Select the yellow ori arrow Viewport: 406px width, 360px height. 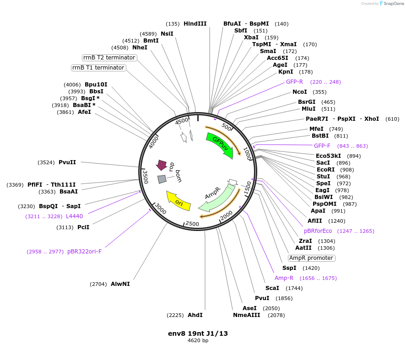tap(178, 200)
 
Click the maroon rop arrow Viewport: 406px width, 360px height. tap(161, 165)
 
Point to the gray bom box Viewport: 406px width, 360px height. tap(162, 179)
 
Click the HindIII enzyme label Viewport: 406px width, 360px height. tap(195, 24)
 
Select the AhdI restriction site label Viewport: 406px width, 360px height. tap(195, 315)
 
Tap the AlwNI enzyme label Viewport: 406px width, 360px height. tap(120, 284)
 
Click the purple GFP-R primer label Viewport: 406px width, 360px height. tap(295, 82)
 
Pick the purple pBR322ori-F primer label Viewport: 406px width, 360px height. tap(84, 252)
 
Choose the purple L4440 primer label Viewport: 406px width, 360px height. tap(74, 216)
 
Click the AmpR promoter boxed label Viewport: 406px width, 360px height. tap(311, 258)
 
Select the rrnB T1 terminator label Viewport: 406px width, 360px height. tap(98, 68)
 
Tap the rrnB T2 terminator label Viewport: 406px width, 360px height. tap(109, 58)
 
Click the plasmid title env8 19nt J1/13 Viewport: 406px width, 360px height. tap(198, 333)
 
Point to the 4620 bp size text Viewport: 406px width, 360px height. tap(198, 341)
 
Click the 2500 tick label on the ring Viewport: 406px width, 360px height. tap(192, 224)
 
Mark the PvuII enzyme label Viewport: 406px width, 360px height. tap(67, 162)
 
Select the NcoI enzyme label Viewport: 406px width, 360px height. tap(300, 92)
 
